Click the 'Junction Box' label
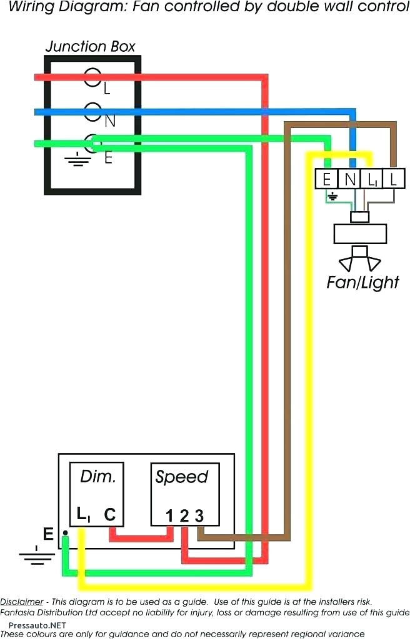(x=90, y=47)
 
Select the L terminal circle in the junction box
(x=92, y=77)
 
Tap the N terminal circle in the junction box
(x=92, y=112)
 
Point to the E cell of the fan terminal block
(x=326, y=180)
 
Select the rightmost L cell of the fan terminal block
(x=393, y=180)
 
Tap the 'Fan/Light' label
(x=362, y=282)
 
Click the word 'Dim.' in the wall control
(x=98, y=477)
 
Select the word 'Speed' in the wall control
(x=181, y=477)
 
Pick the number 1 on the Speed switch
(x=169, y=516)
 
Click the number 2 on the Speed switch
(x=184, y=516)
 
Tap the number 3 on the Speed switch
(x=199, y=516)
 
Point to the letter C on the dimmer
(x=109, y=515)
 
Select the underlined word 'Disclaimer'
(x=22, y=602)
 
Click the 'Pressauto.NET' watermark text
(x=37, y=625)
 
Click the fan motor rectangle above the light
(x=360, y=234)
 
